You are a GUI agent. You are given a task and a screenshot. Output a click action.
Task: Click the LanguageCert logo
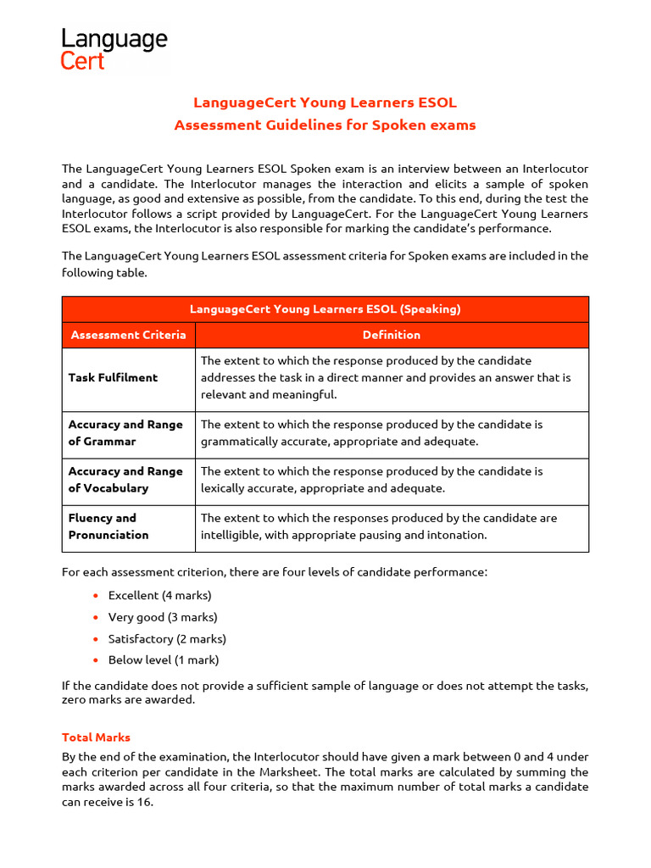(114, 49)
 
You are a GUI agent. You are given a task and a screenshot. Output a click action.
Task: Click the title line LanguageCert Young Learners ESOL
(325, 103)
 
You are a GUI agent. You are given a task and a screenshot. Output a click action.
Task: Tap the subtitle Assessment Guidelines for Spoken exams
(325, 125)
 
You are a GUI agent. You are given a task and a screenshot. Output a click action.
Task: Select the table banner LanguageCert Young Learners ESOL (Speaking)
(325, 309)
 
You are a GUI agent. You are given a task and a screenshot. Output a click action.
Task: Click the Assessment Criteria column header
(128, 335)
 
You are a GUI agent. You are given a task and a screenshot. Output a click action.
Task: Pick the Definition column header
(391, 335)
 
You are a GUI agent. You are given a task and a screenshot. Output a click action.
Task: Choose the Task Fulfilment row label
(113, 377)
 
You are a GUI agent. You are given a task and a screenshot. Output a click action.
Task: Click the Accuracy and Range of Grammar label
(125, 433)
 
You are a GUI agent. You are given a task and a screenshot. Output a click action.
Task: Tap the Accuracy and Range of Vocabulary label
(125, 480)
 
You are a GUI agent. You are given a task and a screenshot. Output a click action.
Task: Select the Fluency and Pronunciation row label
(108, 526)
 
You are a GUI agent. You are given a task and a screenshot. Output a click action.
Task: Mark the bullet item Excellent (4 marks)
(159, 596)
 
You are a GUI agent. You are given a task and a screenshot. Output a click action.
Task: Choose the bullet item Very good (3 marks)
(163, 617)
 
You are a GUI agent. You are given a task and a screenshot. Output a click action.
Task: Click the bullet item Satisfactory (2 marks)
(167, 639)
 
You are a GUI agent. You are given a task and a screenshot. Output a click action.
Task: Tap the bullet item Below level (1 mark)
(164, 660)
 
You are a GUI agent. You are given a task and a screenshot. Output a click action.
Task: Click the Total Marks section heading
(96, 737)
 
